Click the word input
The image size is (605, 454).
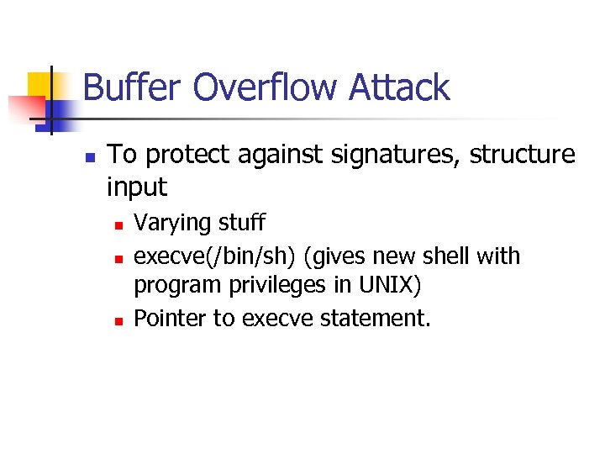click(x=138, y=187)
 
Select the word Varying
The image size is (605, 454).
click(x=173, y=224)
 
